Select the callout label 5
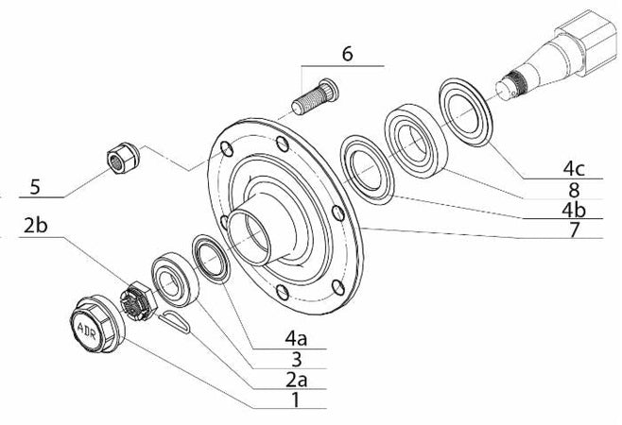coord(35,187)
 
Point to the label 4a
coord(298,335)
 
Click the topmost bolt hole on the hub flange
coord(283,143)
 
